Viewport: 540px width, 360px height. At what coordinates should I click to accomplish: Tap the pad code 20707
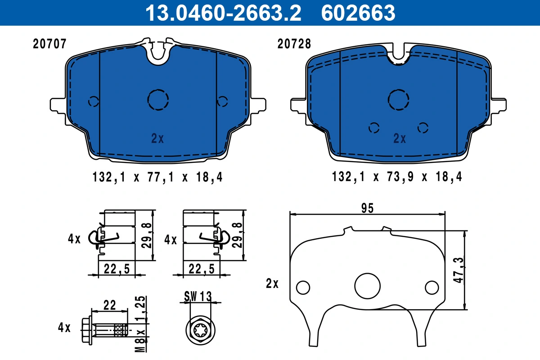coord(50,44)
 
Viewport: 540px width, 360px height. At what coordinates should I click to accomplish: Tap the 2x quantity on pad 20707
coord(157,139)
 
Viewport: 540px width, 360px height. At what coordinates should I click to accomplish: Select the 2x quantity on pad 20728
coord(399,139)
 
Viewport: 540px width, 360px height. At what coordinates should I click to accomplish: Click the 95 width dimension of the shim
coord(367,208)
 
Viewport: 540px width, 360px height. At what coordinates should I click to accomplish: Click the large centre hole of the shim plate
coord(367,285)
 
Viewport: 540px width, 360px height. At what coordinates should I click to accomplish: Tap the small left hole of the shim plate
coord(303,287)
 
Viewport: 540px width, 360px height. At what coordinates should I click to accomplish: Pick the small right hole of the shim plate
coord(432,287)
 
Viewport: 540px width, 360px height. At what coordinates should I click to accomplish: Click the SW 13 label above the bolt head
coord(198,296)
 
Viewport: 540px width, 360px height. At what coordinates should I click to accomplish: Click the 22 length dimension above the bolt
coord(109,305)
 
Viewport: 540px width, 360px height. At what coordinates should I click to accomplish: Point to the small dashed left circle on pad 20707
coord(93,101)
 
